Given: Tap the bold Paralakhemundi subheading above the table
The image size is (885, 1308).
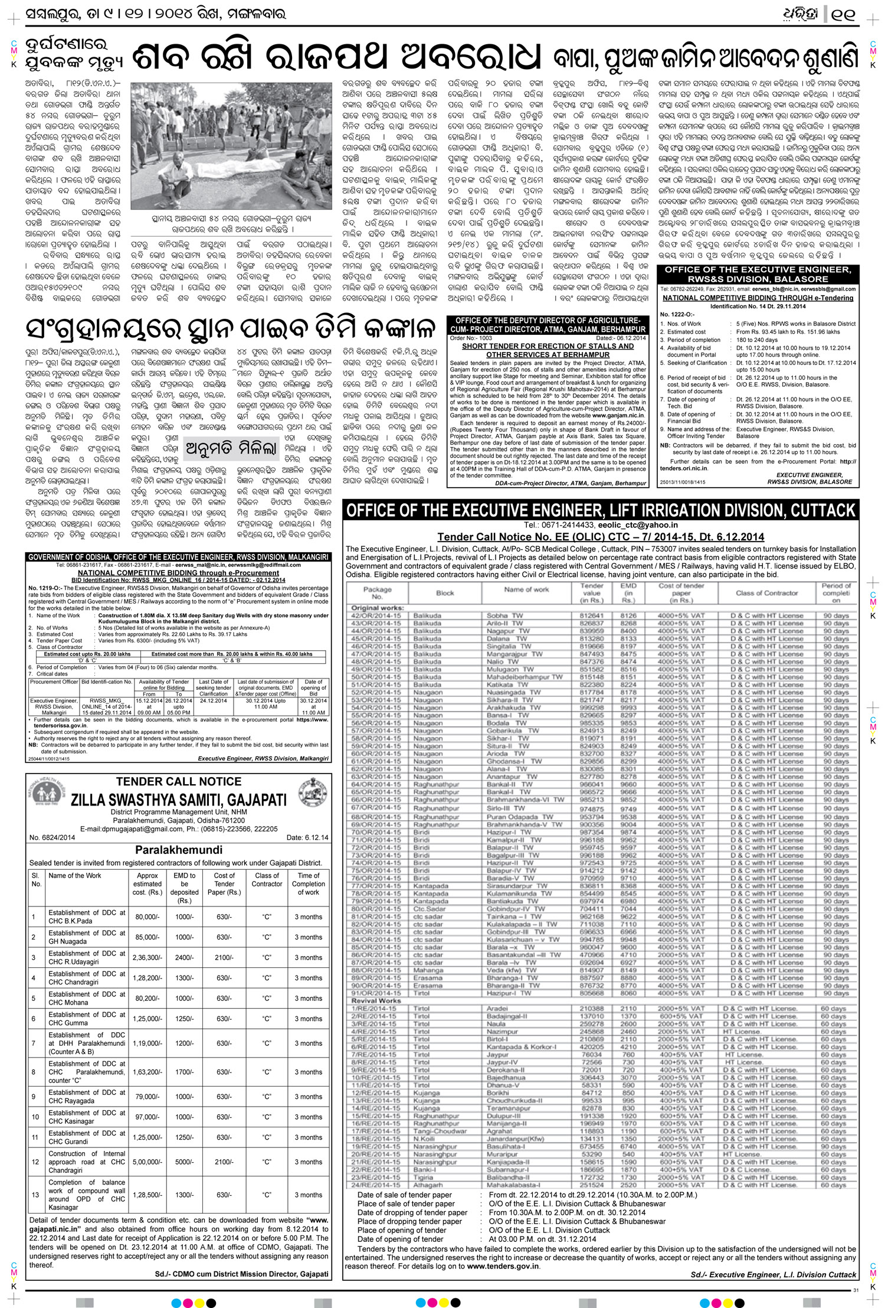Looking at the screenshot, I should [x=179, y=850].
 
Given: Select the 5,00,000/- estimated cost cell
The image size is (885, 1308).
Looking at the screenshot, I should [x=147, y=1162].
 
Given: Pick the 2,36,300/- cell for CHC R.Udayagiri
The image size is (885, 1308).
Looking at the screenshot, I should [x=147, y=957].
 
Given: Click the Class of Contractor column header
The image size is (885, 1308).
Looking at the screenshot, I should [x=267, y=880].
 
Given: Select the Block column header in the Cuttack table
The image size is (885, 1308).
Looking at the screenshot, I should [x=445, y=592].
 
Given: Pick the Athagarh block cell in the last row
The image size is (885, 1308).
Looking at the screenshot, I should [x=428, y=1185].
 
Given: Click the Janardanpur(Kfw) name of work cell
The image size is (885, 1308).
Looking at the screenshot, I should [x=516, y=1139].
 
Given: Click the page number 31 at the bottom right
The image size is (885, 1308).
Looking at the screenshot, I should [x=855, y=1290].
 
